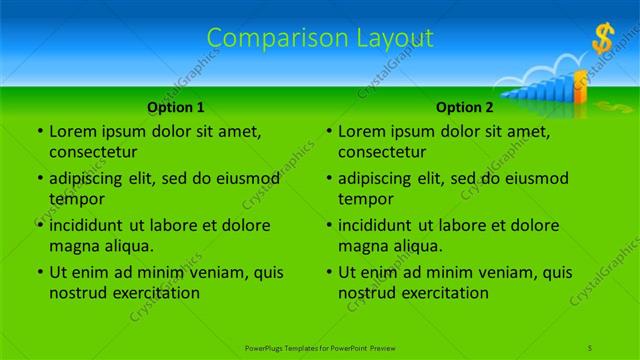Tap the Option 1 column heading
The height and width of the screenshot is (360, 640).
coord(176,107)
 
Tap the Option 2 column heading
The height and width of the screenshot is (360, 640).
coord(464,107)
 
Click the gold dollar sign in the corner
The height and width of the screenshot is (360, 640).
coord(602,39)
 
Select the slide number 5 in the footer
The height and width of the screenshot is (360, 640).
coord(591,347)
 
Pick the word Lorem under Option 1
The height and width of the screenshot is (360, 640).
coord(73,131)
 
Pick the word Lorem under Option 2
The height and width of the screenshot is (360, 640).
coord(362,131)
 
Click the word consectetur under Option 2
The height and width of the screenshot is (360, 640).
coord(383,152)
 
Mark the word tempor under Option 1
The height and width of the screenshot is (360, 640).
coord(77,199)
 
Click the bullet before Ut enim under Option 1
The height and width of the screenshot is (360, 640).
coord(39,272)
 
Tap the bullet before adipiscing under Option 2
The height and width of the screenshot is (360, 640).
coord(328,179)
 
